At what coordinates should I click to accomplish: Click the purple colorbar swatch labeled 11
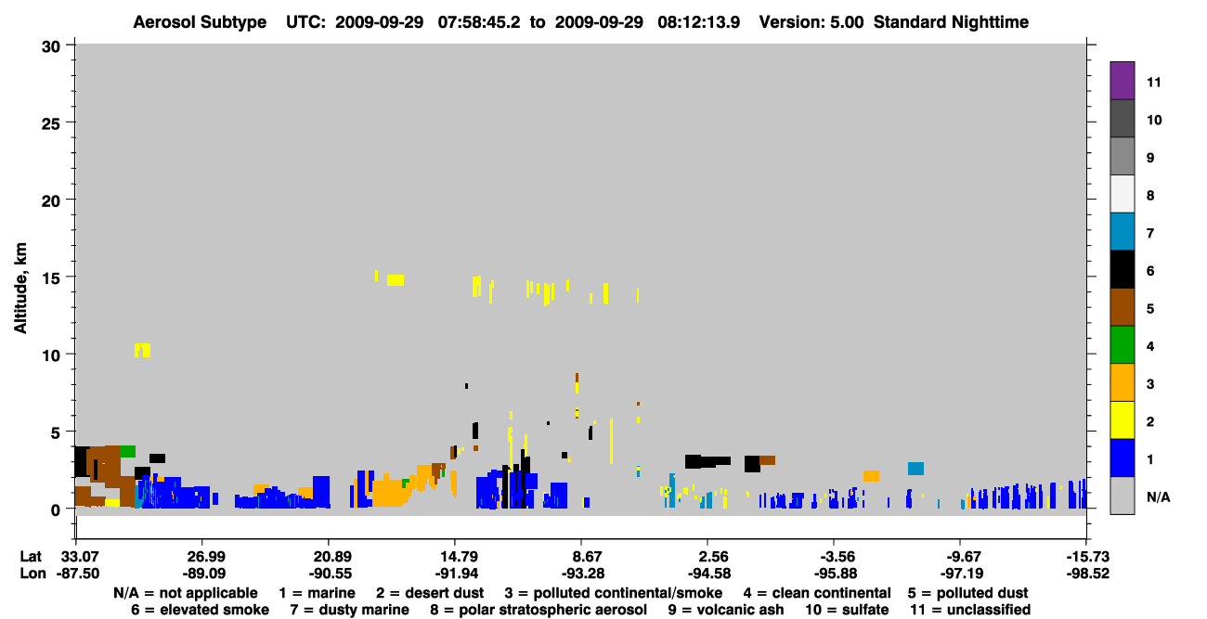[x=1122, y=80]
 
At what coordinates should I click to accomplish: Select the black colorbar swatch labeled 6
[x=1122, y=269]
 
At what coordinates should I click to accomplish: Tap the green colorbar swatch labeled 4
[x=1122, y=345]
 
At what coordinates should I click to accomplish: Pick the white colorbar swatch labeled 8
[x=1122, y=194]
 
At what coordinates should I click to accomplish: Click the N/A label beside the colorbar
[x=1158, y=496]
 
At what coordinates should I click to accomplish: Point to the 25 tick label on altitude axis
[x=51, y=124]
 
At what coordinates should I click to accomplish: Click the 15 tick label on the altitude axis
[x=51, y=278]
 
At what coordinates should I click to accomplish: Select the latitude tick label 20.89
[x=330, y=556]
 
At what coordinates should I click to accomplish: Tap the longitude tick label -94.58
[x=709, y=574]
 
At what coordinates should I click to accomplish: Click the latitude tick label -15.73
[x=1087, y=556]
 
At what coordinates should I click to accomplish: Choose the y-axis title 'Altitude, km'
[x=20, y=289]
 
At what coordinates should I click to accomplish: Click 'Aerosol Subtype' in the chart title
[x=200, y=22]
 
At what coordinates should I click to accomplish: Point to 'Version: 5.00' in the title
[x=811, y=22]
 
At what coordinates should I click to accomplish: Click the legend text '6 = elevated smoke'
[x=200, y=610]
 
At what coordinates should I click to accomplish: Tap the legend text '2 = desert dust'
[x=430, y=593]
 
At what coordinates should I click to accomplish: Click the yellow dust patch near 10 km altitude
[x=142, y=350]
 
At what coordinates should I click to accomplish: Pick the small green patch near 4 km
[x=128, y=451]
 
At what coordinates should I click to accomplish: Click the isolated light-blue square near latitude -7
[x=915, y=469]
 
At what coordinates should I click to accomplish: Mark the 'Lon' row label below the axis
[x=32, y=574]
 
